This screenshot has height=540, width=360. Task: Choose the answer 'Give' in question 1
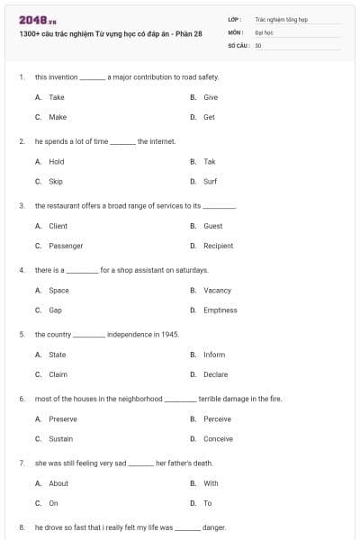(211, 97)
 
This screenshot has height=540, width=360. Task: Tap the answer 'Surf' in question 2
(210, 181)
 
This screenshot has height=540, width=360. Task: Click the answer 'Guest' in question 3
(212, 226)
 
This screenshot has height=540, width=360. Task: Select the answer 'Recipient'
(218, 246)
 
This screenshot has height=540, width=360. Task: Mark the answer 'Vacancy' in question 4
(217, 291)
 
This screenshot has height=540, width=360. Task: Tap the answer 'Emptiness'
(220, 310)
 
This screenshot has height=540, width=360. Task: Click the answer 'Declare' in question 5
(215, 374)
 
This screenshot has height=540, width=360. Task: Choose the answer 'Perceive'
(217, 419)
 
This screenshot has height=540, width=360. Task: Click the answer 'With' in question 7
(211, 483)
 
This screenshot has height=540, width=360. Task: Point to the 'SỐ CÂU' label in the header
(238, 44)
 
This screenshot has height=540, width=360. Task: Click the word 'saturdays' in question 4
(192, 270)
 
